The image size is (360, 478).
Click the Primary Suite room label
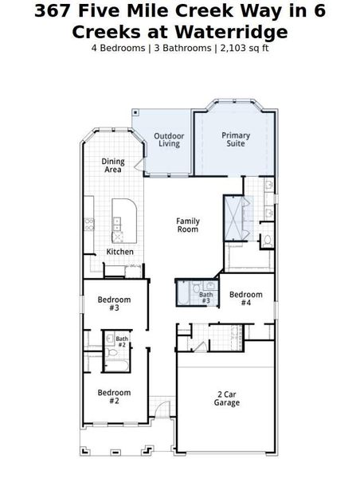(x=236, y=140)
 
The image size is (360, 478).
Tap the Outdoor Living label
(x=169, y=140)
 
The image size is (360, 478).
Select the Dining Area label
(x=113, y=166)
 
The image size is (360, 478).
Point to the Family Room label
(x=188, y=225)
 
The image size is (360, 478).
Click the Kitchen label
(x=120, y=253)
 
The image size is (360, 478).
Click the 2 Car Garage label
(x=227, y=398)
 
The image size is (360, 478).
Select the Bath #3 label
(x=205, y=298)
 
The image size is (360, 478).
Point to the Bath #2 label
(x=122, y=342)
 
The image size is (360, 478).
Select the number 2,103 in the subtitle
(x=233, y=47)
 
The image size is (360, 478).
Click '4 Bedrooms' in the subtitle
(x=117, y=47)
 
